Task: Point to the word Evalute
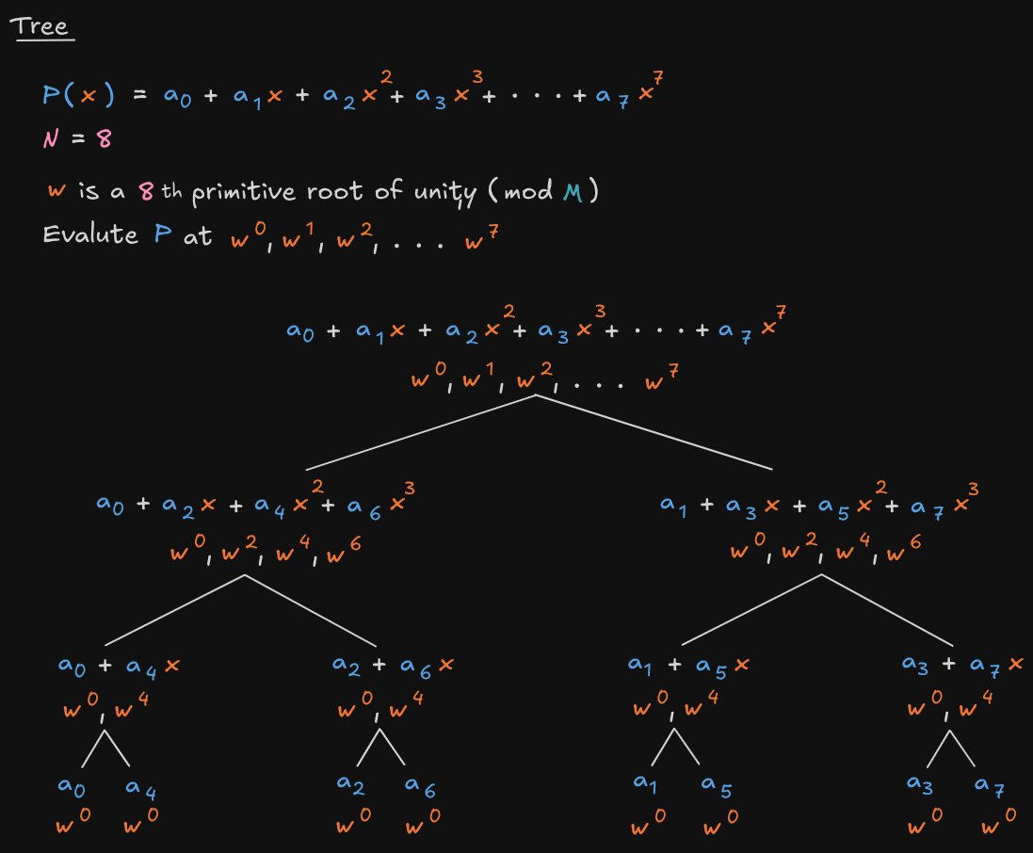[x=90, y=235]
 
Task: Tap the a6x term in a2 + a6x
[x=426, y=666]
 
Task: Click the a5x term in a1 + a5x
[x=718, y=666]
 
